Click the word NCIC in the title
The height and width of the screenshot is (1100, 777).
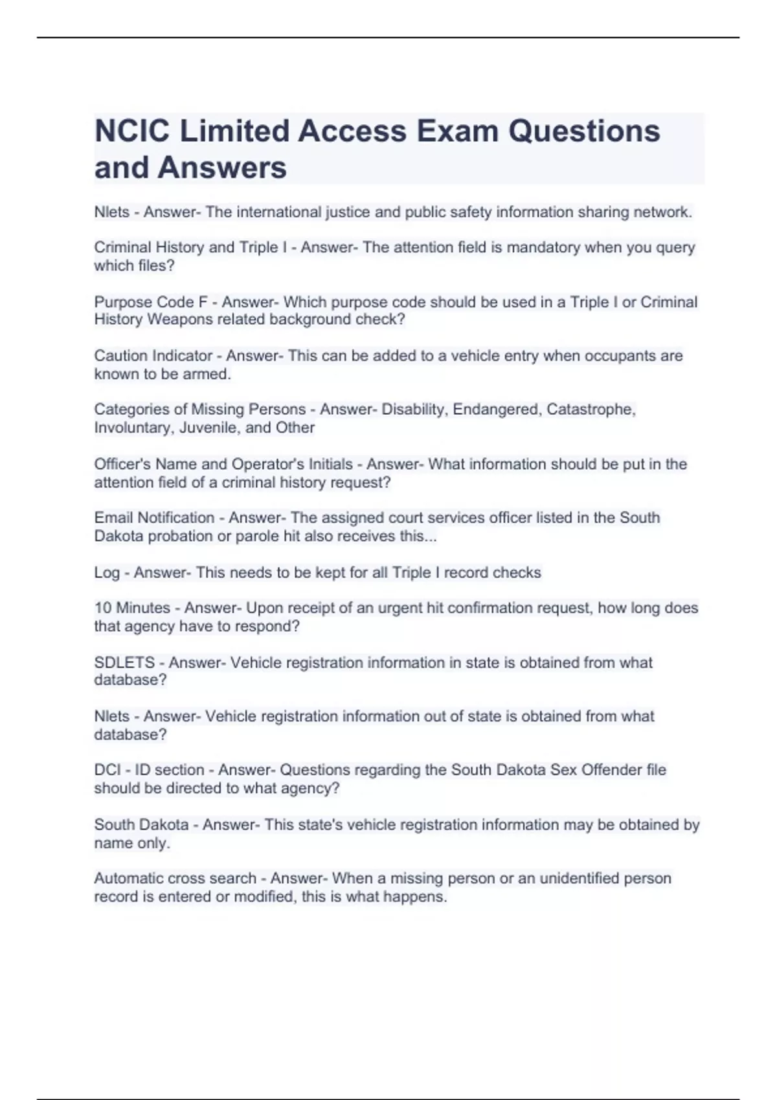(132, 131)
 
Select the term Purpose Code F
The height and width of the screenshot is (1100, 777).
(151, 302)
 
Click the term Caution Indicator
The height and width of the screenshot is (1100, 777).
(153, 356)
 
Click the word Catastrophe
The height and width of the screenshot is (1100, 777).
(591, 410)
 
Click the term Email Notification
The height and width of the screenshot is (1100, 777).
(154, 518)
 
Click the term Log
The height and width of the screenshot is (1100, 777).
(107, 573)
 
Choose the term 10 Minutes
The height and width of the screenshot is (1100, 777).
(132, 608)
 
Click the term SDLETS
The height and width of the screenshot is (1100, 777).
(124, 663)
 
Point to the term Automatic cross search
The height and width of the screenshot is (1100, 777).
(175, 879)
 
